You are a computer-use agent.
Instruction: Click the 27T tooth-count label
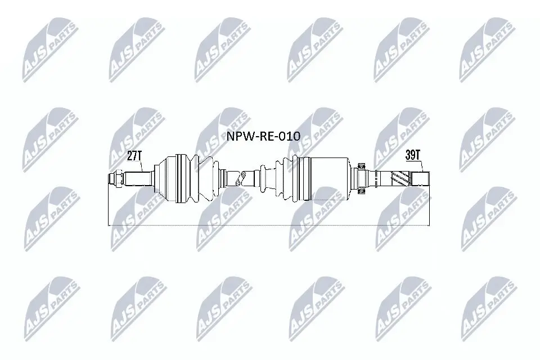tap(134, 156)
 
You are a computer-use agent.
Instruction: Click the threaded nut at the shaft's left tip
tap(115, 179)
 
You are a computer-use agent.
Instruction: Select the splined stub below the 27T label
tap(138, 179)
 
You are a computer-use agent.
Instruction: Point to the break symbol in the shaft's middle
tap(241, 179)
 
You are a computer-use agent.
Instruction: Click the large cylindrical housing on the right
tap(329, 179)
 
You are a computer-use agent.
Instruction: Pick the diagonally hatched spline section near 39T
tap(398, 179)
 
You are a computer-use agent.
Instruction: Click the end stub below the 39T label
tap(421, 179)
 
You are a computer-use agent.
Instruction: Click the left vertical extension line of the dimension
tap(107, 205)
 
